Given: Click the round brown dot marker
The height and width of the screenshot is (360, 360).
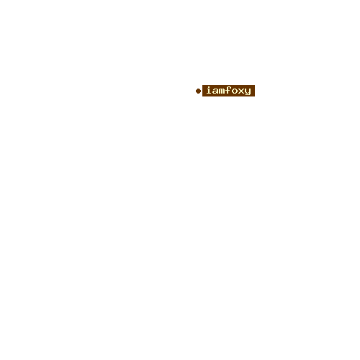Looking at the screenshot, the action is point(198,91).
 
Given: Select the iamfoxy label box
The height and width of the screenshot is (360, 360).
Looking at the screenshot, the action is point(228,91).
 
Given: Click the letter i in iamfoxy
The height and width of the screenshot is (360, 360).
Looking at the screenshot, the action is point(209,90).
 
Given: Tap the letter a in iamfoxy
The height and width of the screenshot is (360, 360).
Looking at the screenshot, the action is point(215,91).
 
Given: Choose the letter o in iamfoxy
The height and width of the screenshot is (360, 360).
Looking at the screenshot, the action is point(235,91).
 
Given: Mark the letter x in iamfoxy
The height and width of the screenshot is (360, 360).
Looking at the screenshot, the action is point(241,91).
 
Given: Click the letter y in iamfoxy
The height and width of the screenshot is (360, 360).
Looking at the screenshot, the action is point(248,91).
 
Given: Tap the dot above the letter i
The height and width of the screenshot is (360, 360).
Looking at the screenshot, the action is point(209,86).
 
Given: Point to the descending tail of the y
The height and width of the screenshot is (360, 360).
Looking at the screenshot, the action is point(247,94).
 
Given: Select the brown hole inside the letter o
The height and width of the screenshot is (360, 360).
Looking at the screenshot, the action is point(235,91).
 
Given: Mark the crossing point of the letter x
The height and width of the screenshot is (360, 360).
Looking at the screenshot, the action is point(241,91).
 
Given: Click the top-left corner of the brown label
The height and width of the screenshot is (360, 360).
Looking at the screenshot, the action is point(202,85).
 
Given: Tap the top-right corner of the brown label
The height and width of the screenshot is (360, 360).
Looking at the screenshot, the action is point(255,85).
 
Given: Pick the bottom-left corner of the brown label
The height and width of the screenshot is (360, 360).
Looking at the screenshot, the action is point(202,96).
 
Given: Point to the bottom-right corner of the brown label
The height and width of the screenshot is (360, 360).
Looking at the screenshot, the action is point(255,96).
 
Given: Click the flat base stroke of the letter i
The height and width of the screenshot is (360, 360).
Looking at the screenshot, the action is point(209,93).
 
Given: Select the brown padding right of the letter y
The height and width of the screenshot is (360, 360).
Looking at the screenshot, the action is point(253,91).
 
